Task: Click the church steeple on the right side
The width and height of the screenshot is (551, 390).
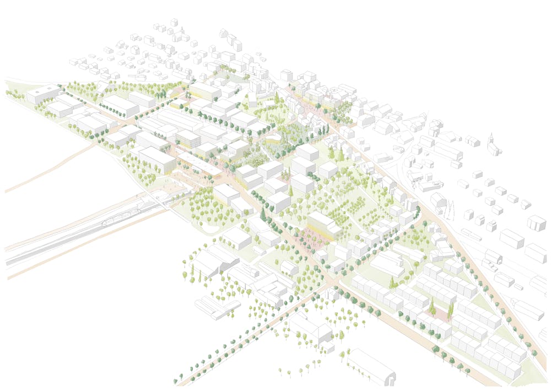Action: [491, 141]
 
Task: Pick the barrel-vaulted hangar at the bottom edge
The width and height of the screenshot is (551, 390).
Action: [371, 367]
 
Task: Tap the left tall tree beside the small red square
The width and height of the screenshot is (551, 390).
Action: [432, 306]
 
